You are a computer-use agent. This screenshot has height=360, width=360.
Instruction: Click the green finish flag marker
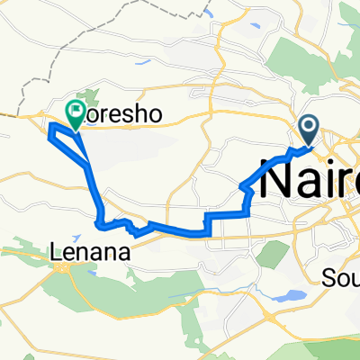pos(75,112)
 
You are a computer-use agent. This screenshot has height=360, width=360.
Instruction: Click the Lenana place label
pos(87,255)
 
